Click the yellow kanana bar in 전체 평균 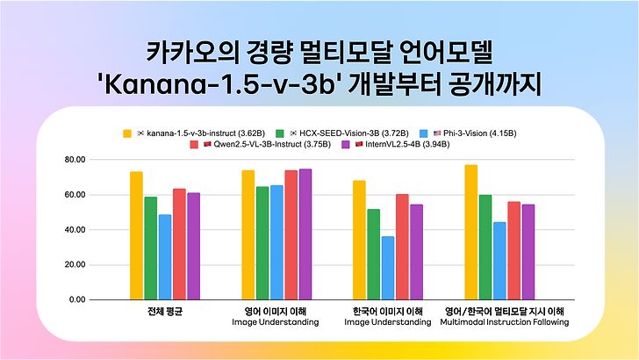(x=136, y=235)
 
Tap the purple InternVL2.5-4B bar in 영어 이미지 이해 (x=305, y=234)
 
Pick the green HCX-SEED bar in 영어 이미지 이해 (x=262, y=242)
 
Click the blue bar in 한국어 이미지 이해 (x=388, y=268)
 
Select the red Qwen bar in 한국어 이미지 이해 (x=402, y=247)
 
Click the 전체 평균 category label (x=165, y=312)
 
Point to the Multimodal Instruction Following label (x=504, y=322)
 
